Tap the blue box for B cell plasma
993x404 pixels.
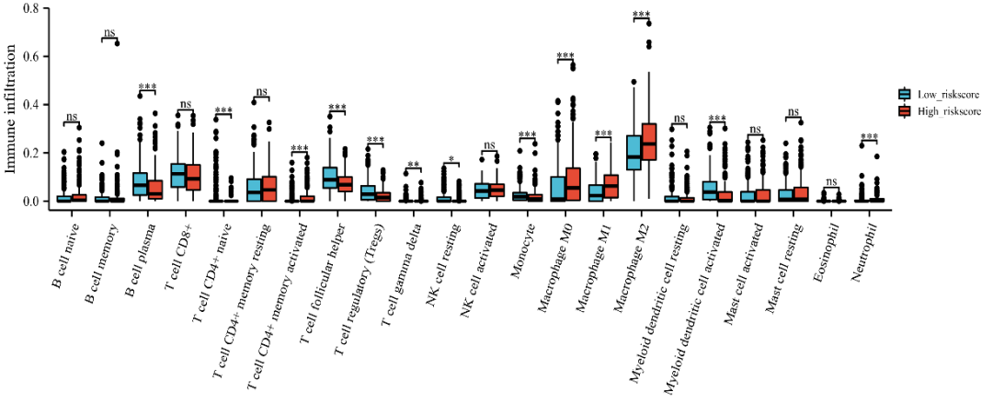[x=140, y=183]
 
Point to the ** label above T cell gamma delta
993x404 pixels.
[x=415, y=165]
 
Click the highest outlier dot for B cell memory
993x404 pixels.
[x=117, y=42]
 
